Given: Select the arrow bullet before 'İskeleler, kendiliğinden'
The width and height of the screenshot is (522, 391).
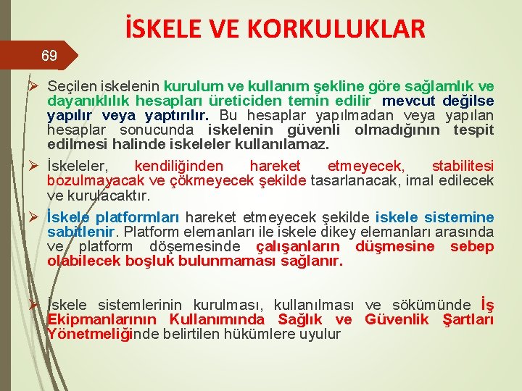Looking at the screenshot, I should [32, 166].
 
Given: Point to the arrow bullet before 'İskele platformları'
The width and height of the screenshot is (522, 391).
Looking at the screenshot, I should [32, 217].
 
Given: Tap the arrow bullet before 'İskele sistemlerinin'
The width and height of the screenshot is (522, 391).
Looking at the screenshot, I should [32, 305].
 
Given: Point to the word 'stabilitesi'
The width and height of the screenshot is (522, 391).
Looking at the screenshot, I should [463, 166].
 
